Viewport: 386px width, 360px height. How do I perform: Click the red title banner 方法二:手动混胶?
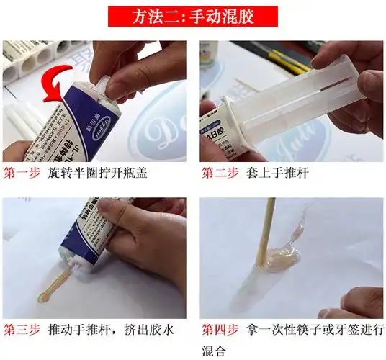click(x=193, y=14)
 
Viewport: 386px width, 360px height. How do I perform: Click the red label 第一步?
click(x=22, y=174)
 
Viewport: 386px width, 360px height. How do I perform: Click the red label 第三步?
click(x=22, y=330)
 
